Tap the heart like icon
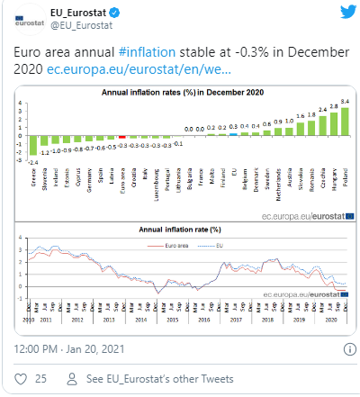pos(21,380)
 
